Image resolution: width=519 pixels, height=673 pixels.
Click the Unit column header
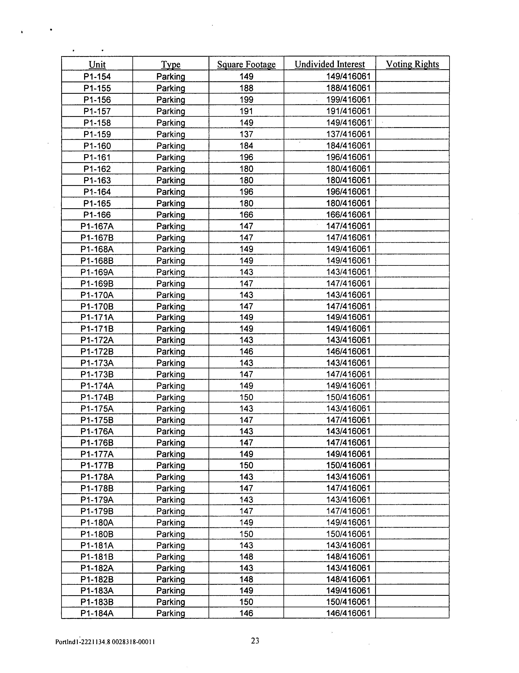97,64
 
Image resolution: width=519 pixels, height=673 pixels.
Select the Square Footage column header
246,64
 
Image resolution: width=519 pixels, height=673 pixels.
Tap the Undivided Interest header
329,64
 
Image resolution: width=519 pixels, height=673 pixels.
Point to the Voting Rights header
412,64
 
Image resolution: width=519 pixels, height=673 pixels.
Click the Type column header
171,64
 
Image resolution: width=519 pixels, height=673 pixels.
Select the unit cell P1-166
97,215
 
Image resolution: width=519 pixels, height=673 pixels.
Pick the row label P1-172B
97,352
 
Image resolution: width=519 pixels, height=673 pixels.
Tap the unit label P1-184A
97,613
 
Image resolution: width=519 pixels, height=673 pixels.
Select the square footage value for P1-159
246,134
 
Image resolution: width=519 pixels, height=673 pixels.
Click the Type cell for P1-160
171,146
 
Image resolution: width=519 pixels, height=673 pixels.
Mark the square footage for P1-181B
246,556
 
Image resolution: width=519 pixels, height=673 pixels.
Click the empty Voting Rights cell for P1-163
412,180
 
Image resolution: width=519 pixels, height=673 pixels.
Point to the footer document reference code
105,642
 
